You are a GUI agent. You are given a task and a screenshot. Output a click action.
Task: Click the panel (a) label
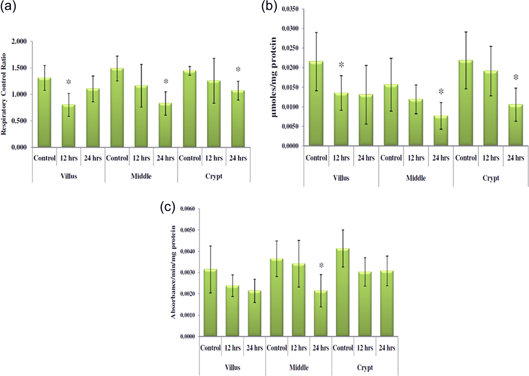8,6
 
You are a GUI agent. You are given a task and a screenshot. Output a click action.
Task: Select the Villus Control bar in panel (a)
44,112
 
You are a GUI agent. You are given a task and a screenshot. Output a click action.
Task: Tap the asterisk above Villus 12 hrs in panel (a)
69,82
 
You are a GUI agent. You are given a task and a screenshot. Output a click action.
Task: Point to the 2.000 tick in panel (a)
19,42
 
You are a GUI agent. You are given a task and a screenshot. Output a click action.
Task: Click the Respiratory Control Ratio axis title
4,94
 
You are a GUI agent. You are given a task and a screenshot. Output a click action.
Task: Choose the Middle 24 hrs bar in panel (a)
165,125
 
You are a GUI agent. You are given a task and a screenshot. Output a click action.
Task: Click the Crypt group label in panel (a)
214,176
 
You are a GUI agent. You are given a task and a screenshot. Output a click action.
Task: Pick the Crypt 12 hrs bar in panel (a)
214,114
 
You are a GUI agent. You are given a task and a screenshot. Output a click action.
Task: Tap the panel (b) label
269,6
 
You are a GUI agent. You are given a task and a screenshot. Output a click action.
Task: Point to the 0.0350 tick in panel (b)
290,9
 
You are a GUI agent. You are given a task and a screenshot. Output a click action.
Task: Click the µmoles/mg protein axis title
274,77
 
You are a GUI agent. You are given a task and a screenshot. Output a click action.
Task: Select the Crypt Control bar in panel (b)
466,103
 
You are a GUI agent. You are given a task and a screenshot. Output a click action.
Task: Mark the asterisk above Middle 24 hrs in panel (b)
441,92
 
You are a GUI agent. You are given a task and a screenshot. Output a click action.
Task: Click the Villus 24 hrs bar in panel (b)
366,120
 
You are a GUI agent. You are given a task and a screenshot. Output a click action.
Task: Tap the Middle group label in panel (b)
416,178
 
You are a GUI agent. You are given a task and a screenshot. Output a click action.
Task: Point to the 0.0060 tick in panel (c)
188,209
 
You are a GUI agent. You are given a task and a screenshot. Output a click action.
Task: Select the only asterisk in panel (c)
321,266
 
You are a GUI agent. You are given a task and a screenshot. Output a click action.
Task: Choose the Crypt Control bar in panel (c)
343,292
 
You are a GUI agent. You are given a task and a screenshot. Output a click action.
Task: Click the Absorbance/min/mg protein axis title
173,272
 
